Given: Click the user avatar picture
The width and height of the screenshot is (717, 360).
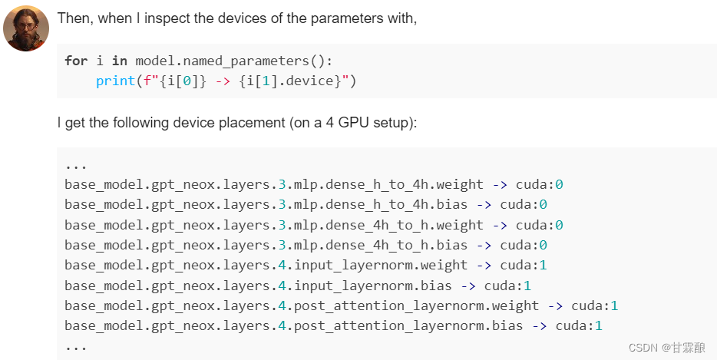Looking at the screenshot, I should (26, 28).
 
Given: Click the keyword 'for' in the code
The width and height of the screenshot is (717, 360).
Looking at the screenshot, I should (76, 61).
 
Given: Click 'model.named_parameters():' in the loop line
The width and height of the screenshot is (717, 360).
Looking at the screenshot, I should (234, 61).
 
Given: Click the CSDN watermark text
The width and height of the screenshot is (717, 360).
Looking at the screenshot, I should (666, 348).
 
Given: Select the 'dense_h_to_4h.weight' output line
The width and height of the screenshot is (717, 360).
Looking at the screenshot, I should (314, 185).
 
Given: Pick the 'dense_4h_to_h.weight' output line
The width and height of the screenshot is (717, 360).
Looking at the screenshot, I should (314, 225).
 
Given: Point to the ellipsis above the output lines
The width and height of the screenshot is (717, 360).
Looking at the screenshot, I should (76, 165).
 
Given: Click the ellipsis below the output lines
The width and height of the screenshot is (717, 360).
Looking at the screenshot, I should (76, 346).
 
